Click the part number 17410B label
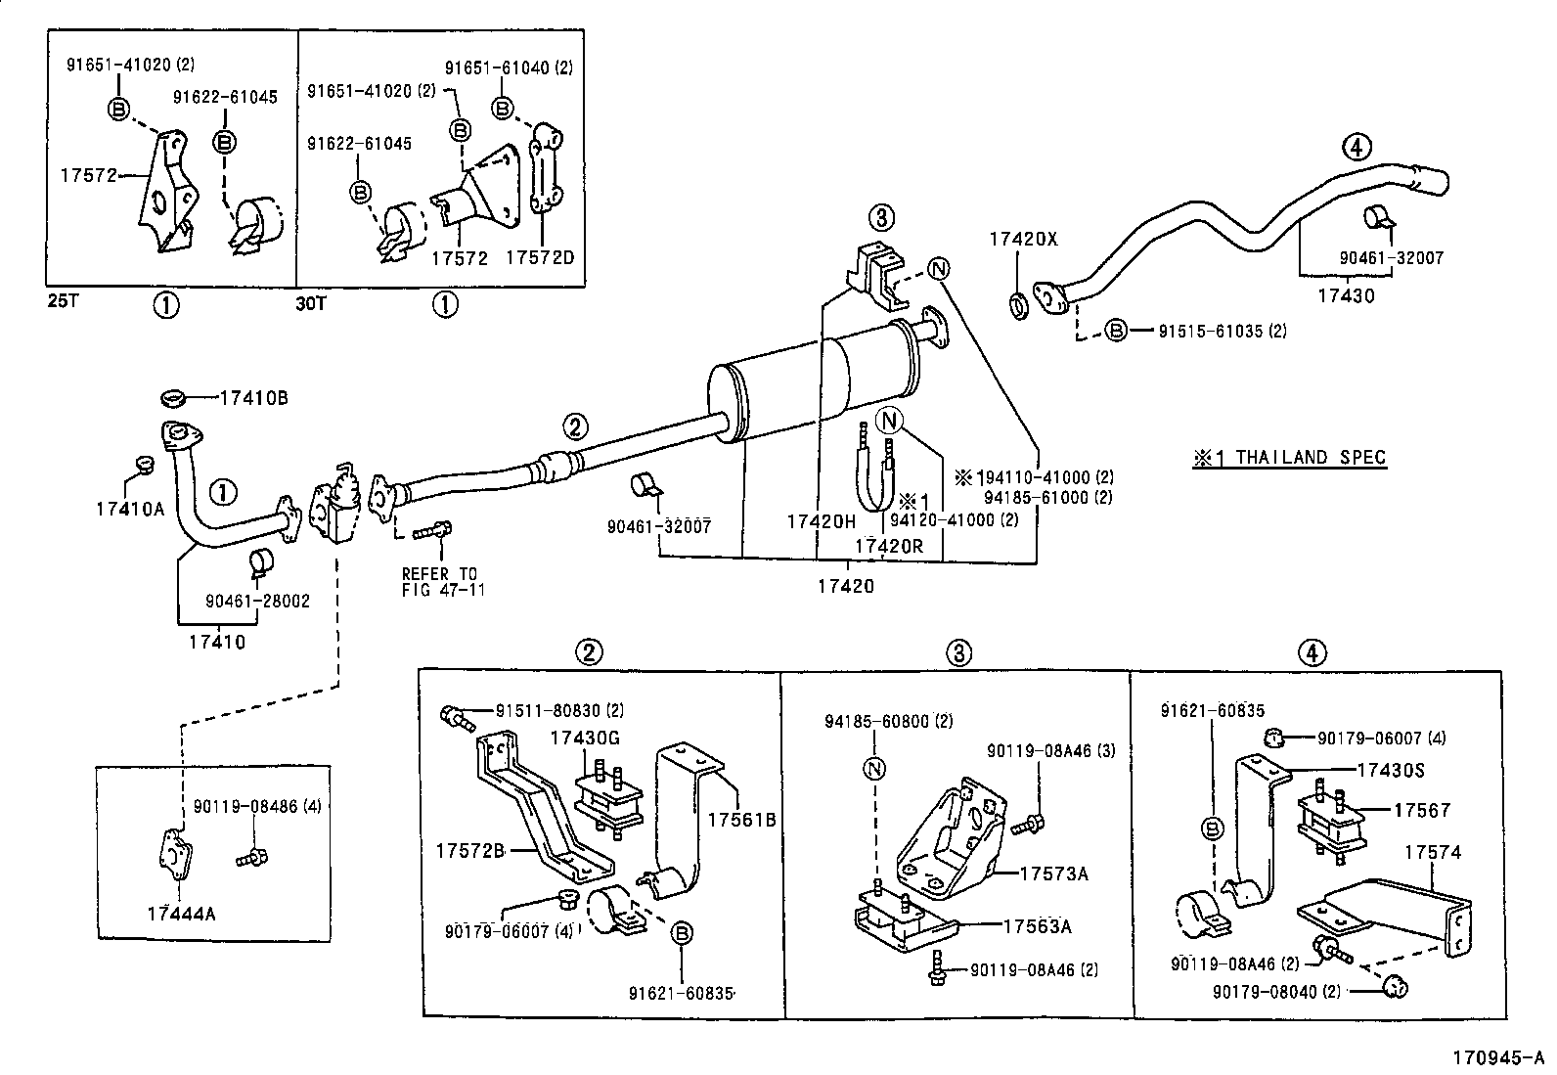(x=253, y=398)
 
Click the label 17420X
(x=1023, y=239)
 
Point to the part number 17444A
(x=181, y=914)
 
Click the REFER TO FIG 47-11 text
(x=443, y=582)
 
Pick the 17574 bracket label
(x=1433, y=853)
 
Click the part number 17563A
(x=1037, y=925)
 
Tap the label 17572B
(x=469, y=851)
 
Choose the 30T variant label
(x=312, y=303)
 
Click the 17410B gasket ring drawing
(x=174, y=398)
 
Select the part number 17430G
(x=585, y=739)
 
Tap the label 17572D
(x=540, y=257)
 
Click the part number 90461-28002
(x=257, y=601)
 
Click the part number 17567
(x=1422, y=810)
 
